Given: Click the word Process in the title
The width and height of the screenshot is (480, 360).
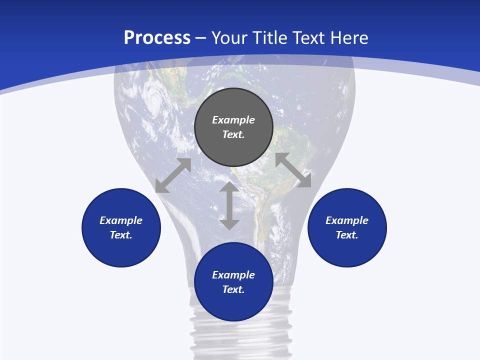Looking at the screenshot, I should (x=157, y=38).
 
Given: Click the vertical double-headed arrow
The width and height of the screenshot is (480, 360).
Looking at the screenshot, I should (x=229, y=205).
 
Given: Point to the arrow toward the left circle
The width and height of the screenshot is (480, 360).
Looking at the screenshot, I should (x=173, y=175).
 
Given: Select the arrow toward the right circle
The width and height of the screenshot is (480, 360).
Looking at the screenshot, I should (x=293, y=170).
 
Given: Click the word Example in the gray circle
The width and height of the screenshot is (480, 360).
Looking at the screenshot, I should (x=233, y=120).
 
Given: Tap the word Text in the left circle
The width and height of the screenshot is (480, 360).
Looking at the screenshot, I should (x=121, y=235).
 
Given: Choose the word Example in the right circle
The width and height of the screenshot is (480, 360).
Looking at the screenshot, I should (x=347, y=220).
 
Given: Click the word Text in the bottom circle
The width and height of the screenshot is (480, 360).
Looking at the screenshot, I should (x=233, y=289).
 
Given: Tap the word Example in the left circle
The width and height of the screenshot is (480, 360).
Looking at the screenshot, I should (x=121, y=220).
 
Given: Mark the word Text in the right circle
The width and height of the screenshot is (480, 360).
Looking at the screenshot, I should (x=346, y=235).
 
